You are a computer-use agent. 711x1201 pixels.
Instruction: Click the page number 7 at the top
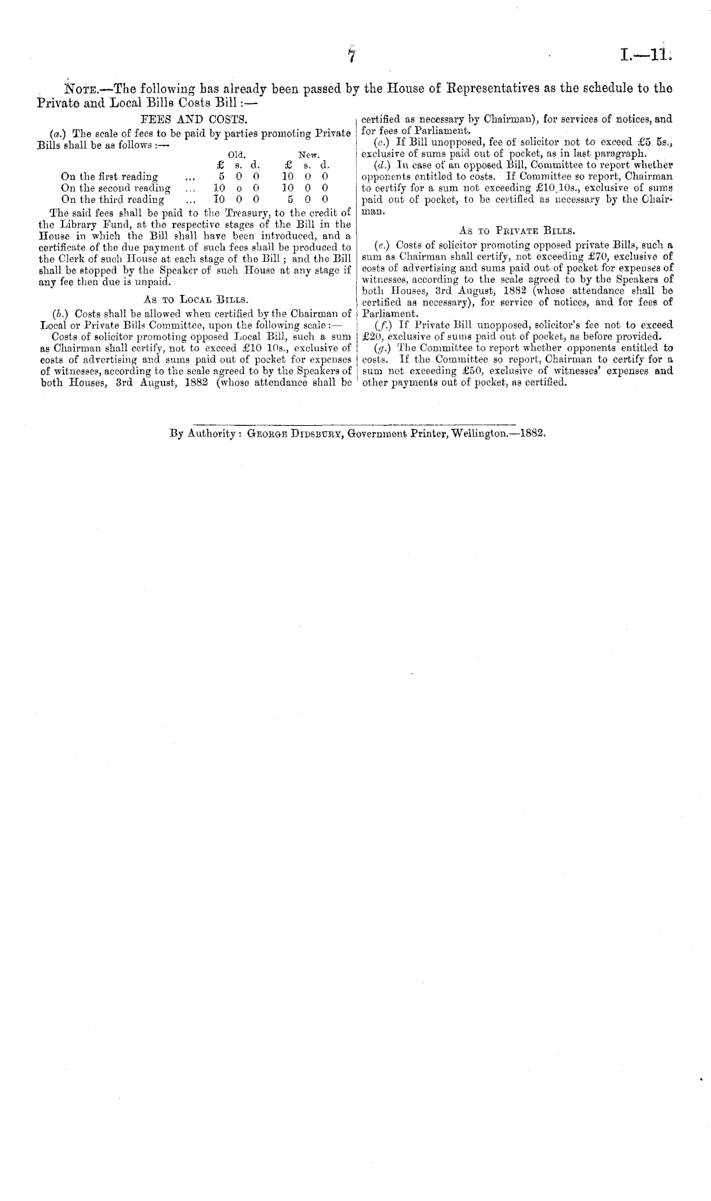(x=350, y=56)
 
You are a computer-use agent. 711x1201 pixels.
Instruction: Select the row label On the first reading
(x=109, y=177)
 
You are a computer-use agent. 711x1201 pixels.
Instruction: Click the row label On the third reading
(x=112, y=199)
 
